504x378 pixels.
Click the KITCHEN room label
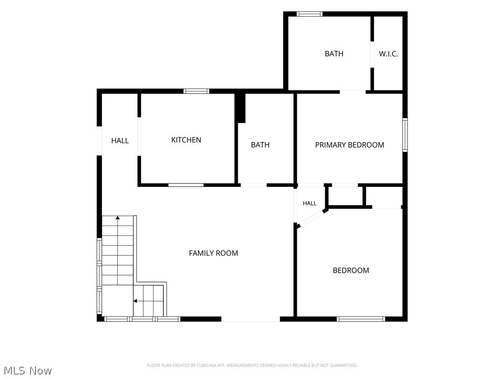186,140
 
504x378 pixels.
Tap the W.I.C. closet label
388,54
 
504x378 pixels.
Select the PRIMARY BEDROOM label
349,145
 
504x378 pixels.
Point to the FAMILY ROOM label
214,253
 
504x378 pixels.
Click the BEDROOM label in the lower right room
350,270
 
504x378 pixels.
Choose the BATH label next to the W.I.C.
334,54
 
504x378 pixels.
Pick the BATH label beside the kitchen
260,145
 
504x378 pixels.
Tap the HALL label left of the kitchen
120,140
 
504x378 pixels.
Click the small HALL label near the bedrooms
310,203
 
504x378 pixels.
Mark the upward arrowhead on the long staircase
118,218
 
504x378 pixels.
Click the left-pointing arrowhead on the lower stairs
135,301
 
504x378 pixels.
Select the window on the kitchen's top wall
196,91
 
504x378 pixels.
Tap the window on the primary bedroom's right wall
405,135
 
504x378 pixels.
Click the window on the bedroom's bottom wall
361,319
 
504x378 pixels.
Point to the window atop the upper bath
309,14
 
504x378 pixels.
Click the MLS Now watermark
28,371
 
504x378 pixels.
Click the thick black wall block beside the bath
241,108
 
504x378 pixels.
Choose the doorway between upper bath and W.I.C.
372,54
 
